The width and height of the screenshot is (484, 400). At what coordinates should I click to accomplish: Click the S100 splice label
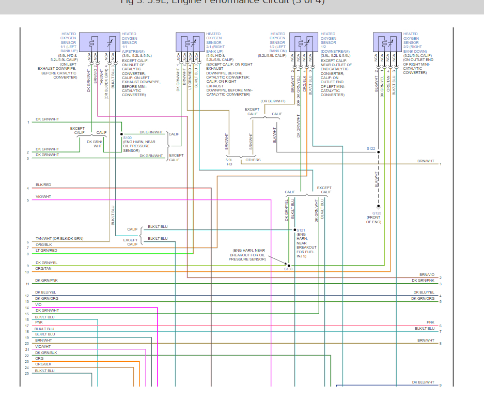click(128, 138)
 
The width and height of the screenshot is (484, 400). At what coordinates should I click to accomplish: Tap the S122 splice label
click(371, 149)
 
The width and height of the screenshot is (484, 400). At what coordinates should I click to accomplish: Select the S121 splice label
click(302, 229)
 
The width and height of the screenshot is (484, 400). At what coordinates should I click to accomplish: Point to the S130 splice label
click(288, 269)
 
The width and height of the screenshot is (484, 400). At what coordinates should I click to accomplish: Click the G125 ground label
click(377, 213)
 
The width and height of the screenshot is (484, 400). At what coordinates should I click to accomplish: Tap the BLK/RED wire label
click(43, 184)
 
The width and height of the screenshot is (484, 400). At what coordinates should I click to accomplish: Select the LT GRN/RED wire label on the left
click(46, 250)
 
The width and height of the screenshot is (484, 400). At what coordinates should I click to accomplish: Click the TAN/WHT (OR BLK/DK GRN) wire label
click(59, 238)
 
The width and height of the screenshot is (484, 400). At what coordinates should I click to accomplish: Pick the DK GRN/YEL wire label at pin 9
click(46, 263)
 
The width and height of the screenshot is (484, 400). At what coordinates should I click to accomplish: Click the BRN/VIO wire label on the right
click(427, 275)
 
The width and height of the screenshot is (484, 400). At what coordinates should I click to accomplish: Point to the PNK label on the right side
click(430, 322)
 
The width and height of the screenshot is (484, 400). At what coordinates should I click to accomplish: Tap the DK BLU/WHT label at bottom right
click(423, 382)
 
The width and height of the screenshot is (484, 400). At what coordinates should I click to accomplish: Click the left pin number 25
click(27, 373)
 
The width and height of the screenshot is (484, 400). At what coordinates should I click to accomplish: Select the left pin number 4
click(28, 188)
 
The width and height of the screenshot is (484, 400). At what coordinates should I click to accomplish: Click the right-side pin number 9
click(440, 385)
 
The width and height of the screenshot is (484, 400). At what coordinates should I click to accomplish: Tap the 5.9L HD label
click(229, 162)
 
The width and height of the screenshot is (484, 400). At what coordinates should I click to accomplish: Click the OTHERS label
click(253, 160)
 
